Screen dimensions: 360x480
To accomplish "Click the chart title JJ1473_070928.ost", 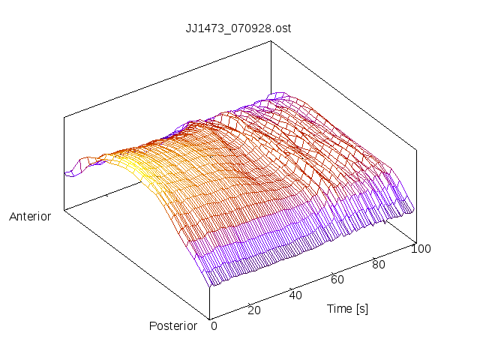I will pos(238,28).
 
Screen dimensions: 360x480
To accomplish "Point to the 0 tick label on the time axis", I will pos(214,325).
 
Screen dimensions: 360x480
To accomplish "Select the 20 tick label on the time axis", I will pos(253,310).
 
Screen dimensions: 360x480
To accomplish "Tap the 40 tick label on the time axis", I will pos(295,295).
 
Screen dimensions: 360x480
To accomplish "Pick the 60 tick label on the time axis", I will pos(337,280).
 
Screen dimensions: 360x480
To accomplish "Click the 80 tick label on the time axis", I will pos(379,264).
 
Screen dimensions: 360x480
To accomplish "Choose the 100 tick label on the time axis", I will pos(421,249).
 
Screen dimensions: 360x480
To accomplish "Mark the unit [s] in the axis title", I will pos(361,308).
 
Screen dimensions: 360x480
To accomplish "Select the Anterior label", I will pos(30,217).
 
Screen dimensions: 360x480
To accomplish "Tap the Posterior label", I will pos(172,325).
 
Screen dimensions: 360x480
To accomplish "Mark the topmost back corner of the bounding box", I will pos(270,41).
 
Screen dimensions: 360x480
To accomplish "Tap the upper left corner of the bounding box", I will pos(64,116).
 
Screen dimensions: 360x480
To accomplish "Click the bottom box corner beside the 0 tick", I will pos(210,318).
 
